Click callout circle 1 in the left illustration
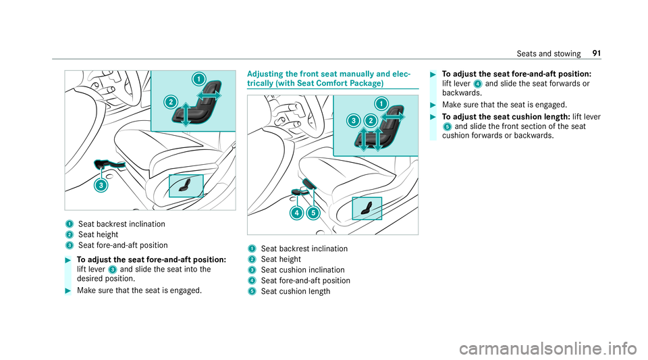tap(198, 79)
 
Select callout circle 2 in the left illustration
tap(171, 103)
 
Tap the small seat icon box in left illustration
tap(186, 184)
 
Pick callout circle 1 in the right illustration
tap(381, 103)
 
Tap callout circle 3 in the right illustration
tap(352, 120)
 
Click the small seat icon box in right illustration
tap(367, 207)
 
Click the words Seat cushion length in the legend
tap(296, 290)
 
